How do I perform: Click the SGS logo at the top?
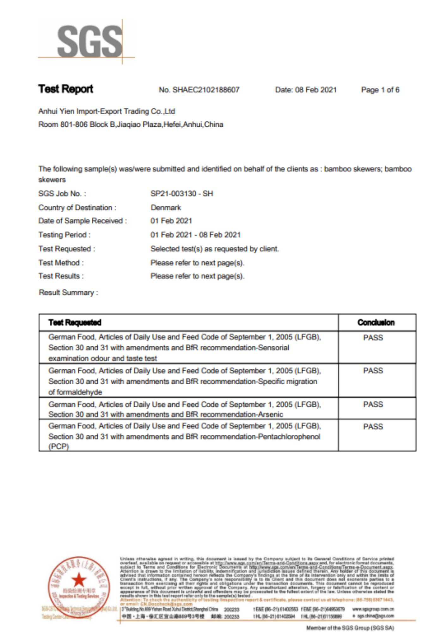89,42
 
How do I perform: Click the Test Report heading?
66,89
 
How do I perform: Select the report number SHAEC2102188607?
205,90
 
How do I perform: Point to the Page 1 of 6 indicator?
380,90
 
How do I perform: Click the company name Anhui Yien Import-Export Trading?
107,111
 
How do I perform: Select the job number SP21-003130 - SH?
182,194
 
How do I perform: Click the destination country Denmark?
166,208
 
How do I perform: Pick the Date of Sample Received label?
82,221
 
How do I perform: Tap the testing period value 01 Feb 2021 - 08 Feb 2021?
195,235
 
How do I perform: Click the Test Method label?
61,263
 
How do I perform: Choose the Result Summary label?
68,293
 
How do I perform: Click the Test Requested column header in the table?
75,323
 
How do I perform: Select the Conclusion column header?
376,323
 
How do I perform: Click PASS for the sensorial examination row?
373,338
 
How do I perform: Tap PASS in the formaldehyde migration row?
373,371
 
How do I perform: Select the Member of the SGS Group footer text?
350,628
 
